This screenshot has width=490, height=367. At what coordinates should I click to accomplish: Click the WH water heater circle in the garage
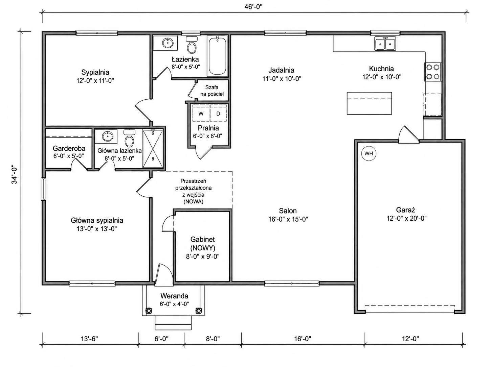coord(369,153)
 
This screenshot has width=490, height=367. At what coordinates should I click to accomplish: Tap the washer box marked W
coord(201,113)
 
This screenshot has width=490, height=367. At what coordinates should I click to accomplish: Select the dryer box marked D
coord(218,113)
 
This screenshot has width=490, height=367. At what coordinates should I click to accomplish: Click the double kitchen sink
coord(385,44)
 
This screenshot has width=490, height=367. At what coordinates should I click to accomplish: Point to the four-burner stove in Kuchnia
coord(432,72)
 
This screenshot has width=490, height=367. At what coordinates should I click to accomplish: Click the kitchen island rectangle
coord(369,103)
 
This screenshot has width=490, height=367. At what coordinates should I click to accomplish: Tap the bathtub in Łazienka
coord(217,56)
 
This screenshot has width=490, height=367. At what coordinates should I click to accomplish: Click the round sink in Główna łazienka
coord(108,136)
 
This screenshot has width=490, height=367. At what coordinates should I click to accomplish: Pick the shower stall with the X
coord(153,148)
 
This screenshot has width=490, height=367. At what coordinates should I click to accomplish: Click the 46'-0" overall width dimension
coord(253,7)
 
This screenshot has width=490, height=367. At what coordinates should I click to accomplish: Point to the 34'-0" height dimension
coord(14,174)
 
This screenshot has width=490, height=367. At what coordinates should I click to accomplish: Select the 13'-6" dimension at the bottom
coord(89,339)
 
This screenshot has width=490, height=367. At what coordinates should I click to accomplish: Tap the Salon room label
coord(288,211)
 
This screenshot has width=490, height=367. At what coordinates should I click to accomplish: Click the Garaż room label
coord(406,210)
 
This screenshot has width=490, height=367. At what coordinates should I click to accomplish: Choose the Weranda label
coord(174,296)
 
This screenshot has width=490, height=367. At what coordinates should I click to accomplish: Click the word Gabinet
coord(202,239)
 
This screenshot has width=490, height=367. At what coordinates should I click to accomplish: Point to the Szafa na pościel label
coord(212,91)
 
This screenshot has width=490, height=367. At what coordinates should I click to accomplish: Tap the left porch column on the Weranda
coord(148,311)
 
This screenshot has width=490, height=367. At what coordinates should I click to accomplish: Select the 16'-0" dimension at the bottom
coord(303,339)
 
